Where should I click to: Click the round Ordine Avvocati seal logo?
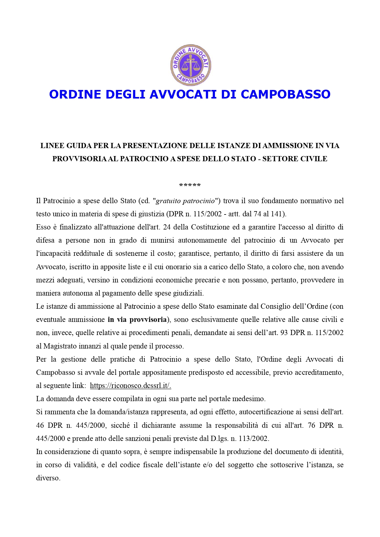point(191,65)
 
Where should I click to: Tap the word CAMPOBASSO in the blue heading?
point(285,94)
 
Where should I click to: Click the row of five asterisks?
point(190,185)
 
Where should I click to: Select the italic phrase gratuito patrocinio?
point(186,201)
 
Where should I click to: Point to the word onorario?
point(179,267)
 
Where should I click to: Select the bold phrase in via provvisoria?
point(137,320)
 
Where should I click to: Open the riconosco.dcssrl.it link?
point(130,386)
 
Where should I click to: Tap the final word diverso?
point(48,478)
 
